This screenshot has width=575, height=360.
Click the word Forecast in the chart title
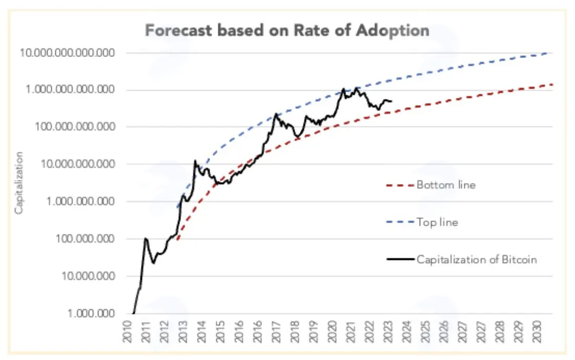[x=178, y=30]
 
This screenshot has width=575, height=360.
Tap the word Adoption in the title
[x=393, y=31]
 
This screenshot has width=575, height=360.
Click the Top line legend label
[x=437, y=222]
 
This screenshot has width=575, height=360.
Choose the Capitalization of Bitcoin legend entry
[x=477, y=259]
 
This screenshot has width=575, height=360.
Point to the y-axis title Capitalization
[x=18, y=183]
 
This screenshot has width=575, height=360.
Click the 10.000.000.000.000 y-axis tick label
[x=67, y=53]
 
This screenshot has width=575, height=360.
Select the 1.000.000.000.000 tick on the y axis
[x=70, y=90]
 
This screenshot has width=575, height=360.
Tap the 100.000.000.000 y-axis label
[x=75, y=127]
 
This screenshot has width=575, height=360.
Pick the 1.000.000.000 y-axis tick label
[x=80, y=201]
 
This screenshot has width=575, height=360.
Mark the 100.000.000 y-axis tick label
[x=85, y=238]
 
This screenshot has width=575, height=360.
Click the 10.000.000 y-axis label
[x=88, y=275]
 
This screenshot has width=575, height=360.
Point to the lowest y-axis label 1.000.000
[x=91, y=313]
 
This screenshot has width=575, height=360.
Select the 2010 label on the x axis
[x=127, y=331]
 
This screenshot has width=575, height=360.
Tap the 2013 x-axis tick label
[x=182, y=331]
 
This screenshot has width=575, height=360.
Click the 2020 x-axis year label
[x=332, y=331]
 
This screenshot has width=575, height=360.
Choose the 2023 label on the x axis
[x=388, y=331]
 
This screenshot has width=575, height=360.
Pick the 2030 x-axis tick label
[x=537, y=331]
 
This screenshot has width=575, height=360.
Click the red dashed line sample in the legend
[x=400, y=185]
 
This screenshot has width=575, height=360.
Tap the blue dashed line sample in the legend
[x=400, y=223]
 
